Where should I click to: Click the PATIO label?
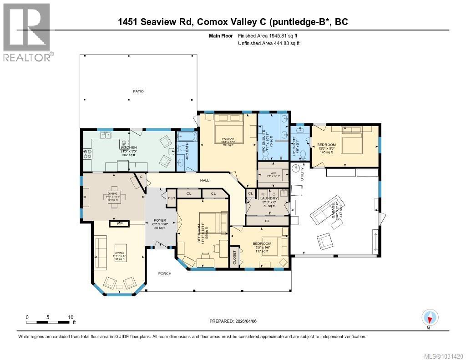pyautogui.click(x=138, y=91)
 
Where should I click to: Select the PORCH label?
pyautogui.click(x=164, y=274)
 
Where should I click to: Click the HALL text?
pyautogui.click(x=204, y=181)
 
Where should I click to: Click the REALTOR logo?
pyautogui.click(x=27, y=32)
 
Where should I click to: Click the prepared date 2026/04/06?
pyautogui.click(x=233, y=321)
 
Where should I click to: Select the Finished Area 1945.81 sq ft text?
pyautogui.click(x=268, y=35)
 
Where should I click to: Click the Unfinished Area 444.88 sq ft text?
pyautogui.click(x=268, y=43)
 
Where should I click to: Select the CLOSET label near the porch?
pyautogui.click(x=235, y=258)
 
